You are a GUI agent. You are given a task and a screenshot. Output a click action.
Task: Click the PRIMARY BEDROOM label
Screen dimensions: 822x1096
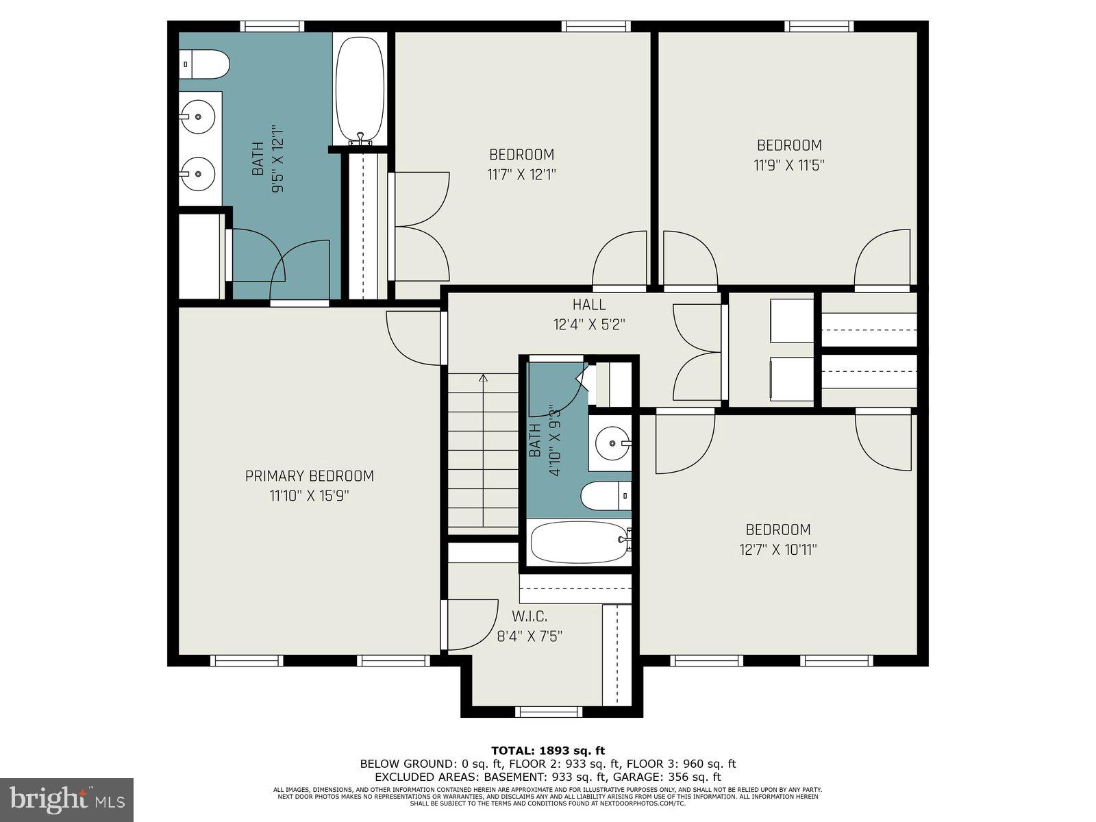click(x=310, y=476)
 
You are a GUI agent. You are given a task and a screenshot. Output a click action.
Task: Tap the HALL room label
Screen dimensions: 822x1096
click(x=589, y=304)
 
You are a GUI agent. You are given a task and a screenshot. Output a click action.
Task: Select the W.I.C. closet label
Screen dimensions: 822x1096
click(x=530, y=616)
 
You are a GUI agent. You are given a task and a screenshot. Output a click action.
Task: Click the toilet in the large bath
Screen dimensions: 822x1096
click(x=204, y=64)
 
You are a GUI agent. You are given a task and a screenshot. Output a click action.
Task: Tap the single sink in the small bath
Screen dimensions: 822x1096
click(x=611, y=444)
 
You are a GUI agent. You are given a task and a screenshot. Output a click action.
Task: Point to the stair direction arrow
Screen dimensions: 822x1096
click(x=484, y=378)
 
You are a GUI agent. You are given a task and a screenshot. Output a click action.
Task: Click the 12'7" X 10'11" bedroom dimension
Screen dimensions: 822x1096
click(x=778, y=549)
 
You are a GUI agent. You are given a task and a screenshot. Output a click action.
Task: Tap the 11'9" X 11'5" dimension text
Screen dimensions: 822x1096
click(x=789, y=165)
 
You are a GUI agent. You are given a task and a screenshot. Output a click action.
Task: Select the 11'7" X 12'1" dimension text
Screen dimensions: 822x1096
click(x=521, y=175)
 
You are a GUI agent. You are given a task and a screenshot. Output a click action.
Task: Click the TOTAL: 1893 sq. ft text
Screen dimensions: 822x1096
click(x=548, y=751)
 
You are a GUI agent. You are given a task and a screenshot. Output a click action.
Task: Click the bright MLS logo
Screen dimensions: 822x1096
click(x=67, y=799)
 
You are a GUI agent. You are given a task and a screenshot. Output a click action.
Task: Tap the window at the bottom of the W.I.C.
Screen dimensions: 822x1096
click(x=548, y=712)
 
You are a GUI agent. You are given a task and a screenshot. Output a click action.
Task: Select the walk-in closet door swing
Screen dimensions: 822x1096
click(x=471, y=625)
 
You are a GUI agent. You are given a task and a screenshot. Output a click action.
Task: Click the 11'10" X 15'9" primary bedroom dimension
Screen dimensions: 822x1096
click(x=310, y=496)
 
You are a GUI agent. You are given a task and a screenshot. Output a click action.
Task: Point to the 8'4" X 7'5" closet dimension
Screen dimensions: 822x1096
click(x=530, y=636)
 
